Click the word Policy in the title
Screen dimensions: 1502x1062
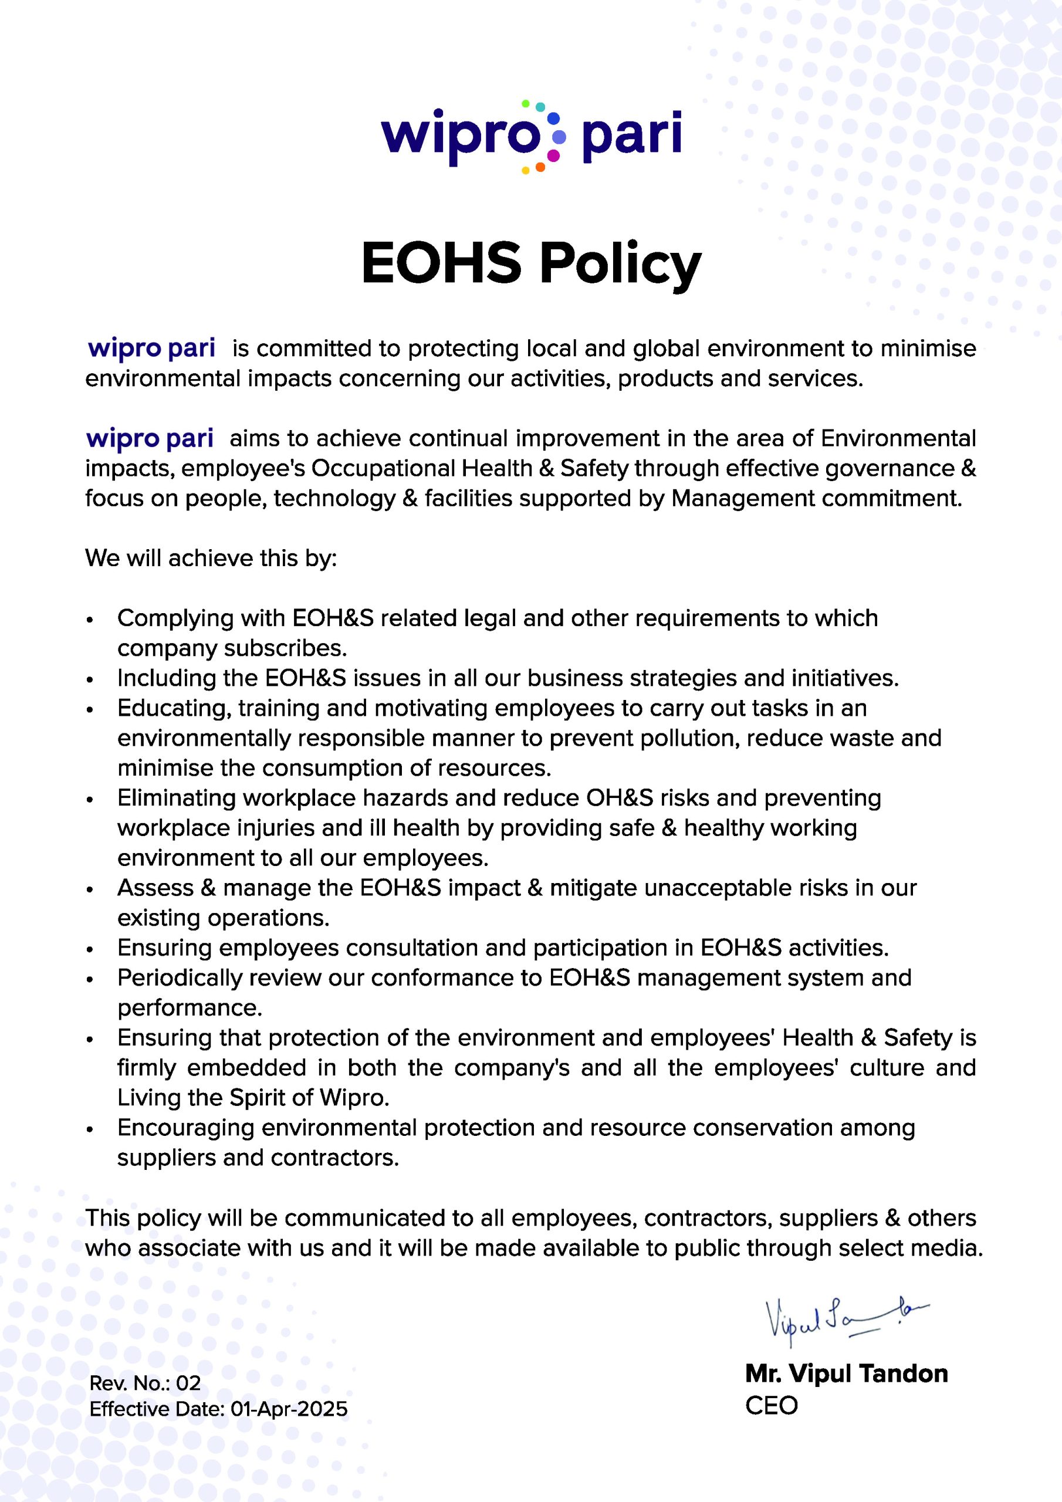[x=620, y=263]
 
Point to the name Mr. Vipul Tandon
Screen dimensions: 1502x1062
[x=846, y=1374]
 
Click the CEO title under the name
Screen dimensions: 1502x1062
[x=772, y=1405]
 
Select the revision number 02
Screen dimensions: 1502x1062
[x=188, y=1383]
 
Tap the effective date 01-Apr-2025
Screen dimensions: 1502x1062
[x=289, y=1409]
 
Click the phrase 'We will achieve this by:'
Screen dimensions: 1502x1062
[x=211, y=558]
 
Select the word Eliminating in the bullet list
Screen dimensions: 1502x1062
[x=176, y=798]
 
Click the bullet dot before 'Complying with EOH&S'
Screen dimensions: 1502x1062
[x=90, y=620]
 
